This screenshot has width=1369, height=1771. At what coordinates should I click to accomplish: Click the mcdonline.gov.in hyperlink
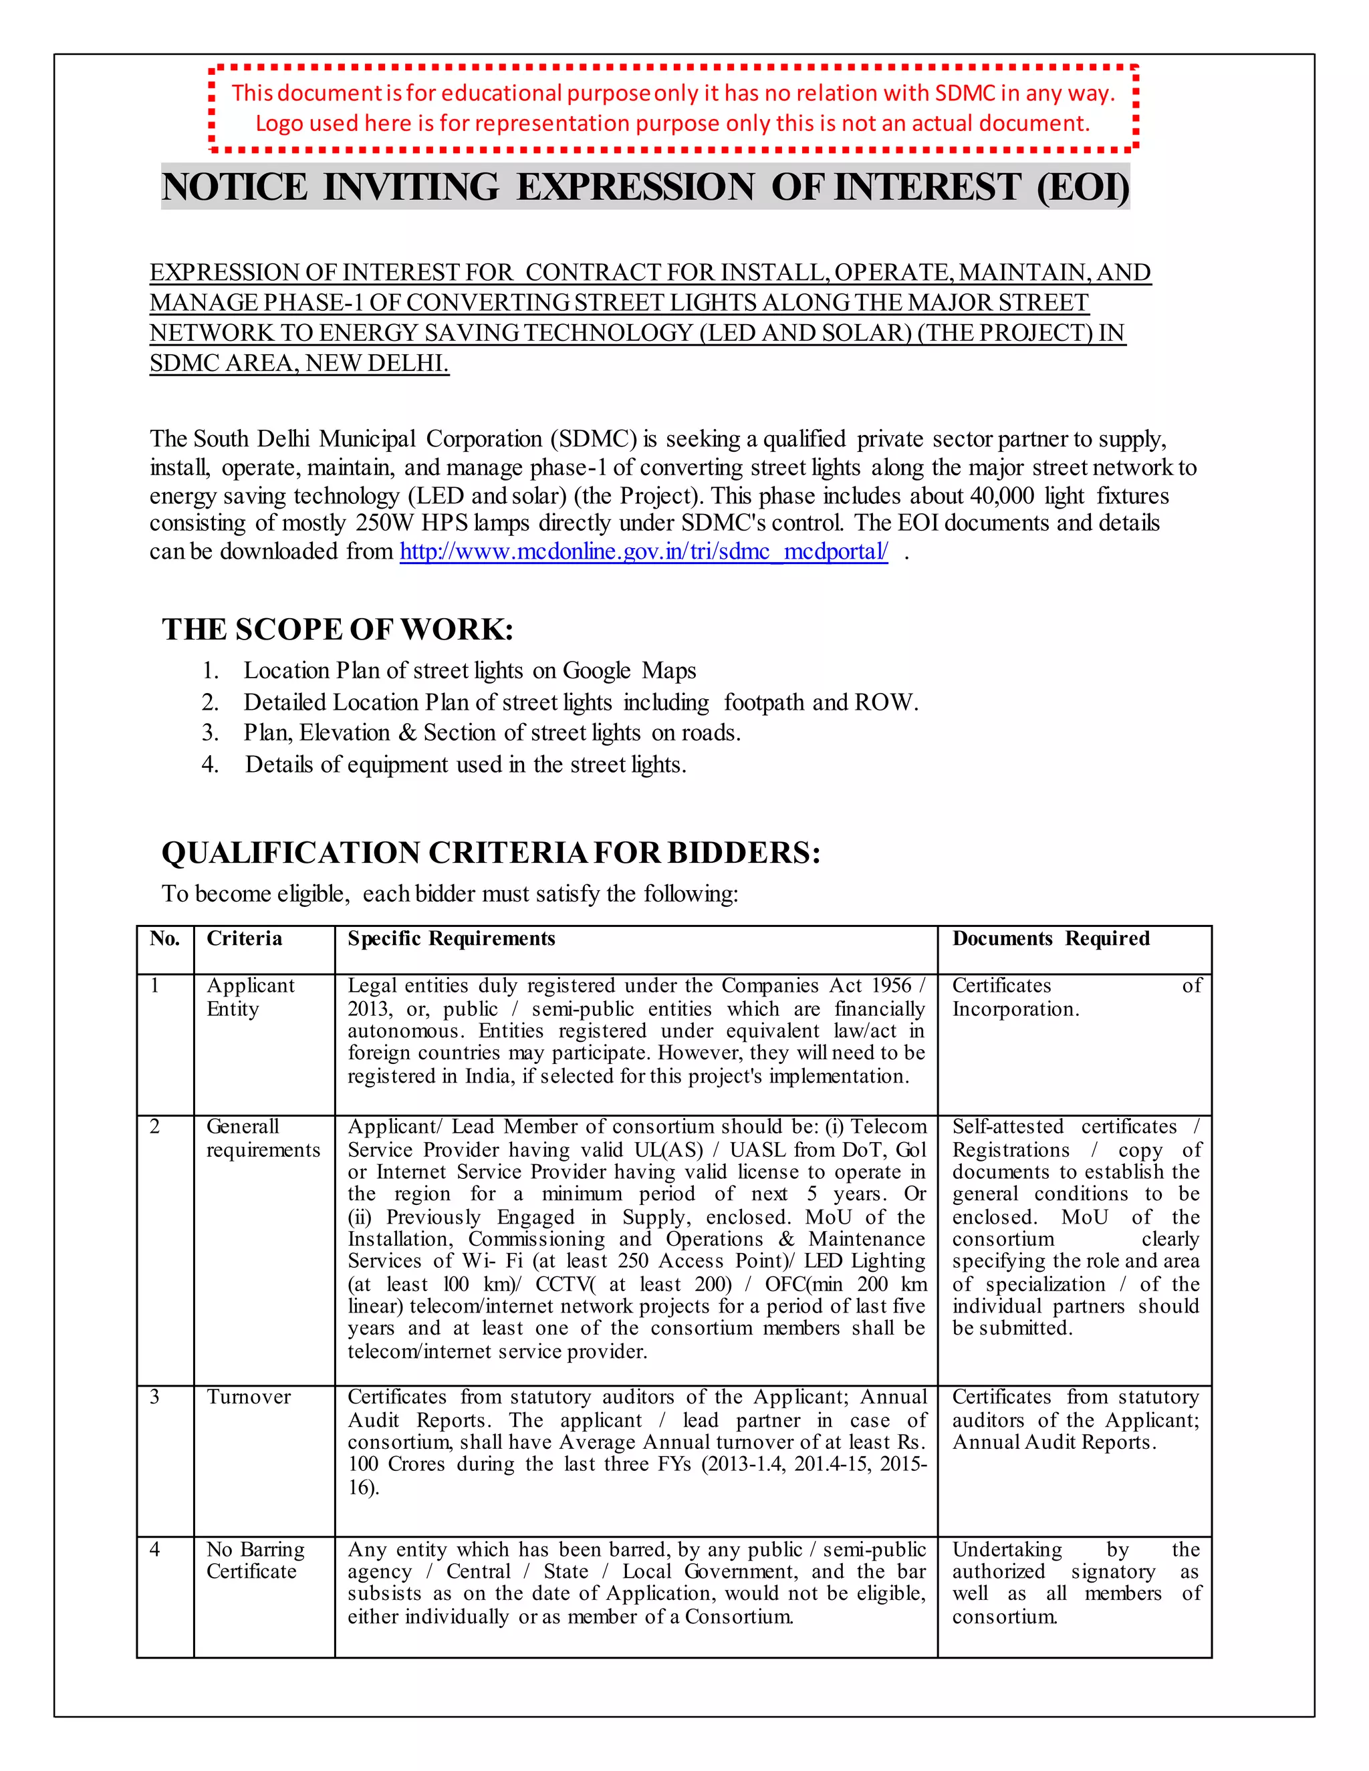point(643,551)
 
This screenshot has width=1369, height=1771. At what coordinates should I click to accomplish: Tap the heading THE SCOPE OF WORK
point(338,630)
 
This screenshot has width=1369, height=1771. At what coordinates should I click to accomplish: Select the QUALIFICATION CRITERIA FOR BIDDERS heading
point(491,853)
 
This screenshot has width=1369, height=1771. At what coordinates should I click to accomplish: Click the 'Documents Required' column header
point(1050,938)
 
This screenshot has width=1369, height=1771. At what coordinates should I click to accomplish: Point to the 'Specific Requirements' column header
point(451,938)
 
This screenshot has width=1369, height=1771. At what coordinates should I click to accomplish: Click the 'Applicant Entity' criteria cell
point(250,996)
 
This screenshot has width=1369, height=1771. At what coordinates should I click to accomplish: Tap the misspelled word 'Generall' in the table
point(242,1126)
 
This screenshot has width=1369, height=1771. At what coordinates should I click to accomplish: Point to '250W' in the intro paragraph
point(384,523)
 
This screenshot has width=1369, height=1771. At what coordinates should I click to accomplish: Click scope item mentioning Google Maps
point(469,670)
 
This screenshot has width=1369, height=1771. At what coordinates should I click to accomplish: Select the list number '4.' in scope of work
point(210,764)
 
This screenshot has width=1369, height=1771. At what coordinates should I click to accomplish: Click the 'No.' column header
point(164,938)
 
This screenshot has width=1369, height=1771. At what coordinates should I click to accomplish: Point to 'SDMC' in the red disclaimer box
point(965,94)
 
